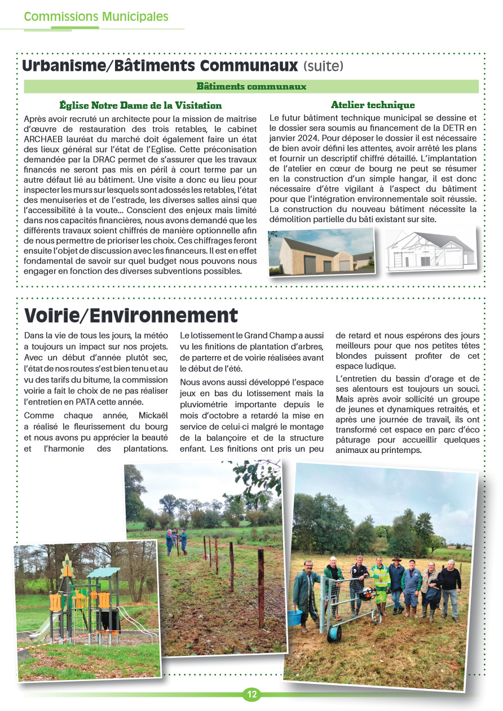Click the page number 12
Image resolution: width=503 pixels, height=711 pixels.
coord(251,695)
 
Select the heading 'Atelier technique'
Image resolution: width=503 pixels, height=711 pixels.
coord(373,105)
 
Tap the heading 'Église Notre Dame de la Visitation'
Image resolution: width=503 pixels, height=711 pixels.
coord(140,105)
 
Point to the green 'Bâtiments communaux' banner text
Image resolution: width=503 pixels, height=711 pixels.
coord(251,87)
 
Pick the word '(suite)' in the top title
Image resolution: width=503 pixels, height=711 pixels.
coord(323,66)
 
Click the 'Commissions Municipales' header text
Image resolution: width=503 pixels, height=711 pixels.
coord(96,16)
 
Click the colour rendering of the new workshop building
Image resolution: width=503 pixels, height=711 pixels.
coord(321,252)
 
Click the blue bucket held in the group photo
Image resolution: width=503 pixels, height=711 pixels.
coord(294,617)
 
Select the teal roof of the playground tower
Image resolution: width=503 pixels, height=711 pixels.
coord(104,572)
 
